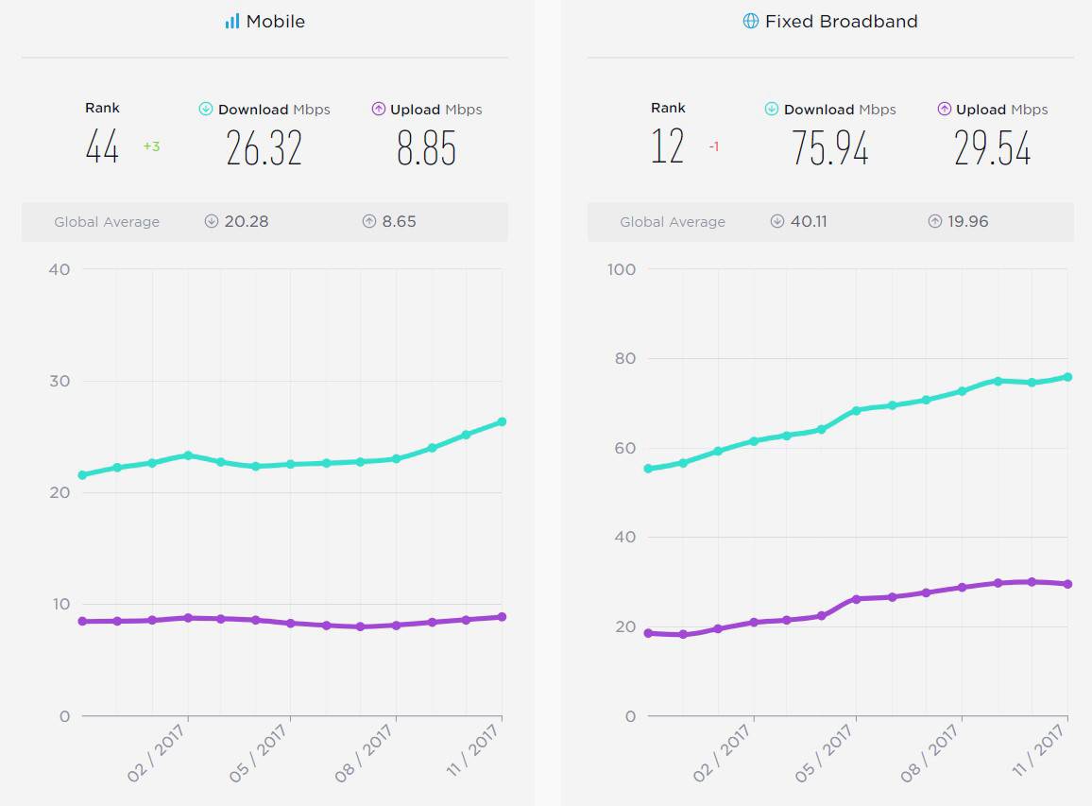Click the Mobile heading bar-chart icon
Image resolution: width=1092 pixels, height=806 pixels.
[x=232, y=22]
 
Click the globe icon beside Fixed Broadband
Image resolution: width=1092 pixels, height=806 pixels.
[x=750, y=22]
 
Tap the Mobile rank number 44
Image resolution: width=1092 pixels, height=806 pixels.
[x=102, y=147]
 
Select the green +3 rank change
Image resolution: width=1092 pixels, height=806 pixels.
[x=151, y=146]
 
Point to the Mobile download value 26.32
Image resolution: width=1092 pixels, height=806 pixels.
[x=264, y=148]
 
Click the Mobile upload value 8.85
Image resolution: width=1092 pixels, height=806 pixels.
[x=426, y=148]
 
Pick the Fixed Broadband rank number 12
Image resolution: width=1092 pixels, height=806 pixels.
[x=668, y=147]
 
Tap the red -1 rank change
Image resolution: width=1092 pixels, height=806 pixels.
[x=714, y=146]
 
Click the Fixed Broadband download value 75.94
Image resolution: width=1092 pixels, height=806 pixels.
[x=830, y=148]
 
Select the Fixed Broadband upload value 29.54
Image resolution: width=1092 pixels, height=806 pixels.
[x=992, y=148]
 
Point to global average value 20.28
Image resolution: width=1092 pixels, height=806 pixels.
[x=247, y=222]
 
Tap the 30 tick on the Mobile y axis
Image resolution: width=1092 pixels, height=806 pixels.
[x=60, y=381]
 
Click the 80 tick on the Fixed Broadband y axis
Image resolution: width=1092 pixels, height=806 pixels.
[x=624, y=359]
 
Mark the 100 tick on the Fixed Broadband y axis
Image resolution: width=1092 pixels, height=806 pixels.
[x=622, y=269]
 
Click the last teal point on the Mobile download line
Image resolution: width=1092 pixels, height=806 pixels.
[x=502, y=421]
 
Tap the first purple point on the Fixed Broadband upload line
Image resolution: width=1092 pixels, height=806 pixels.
[x=648, y=633]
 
